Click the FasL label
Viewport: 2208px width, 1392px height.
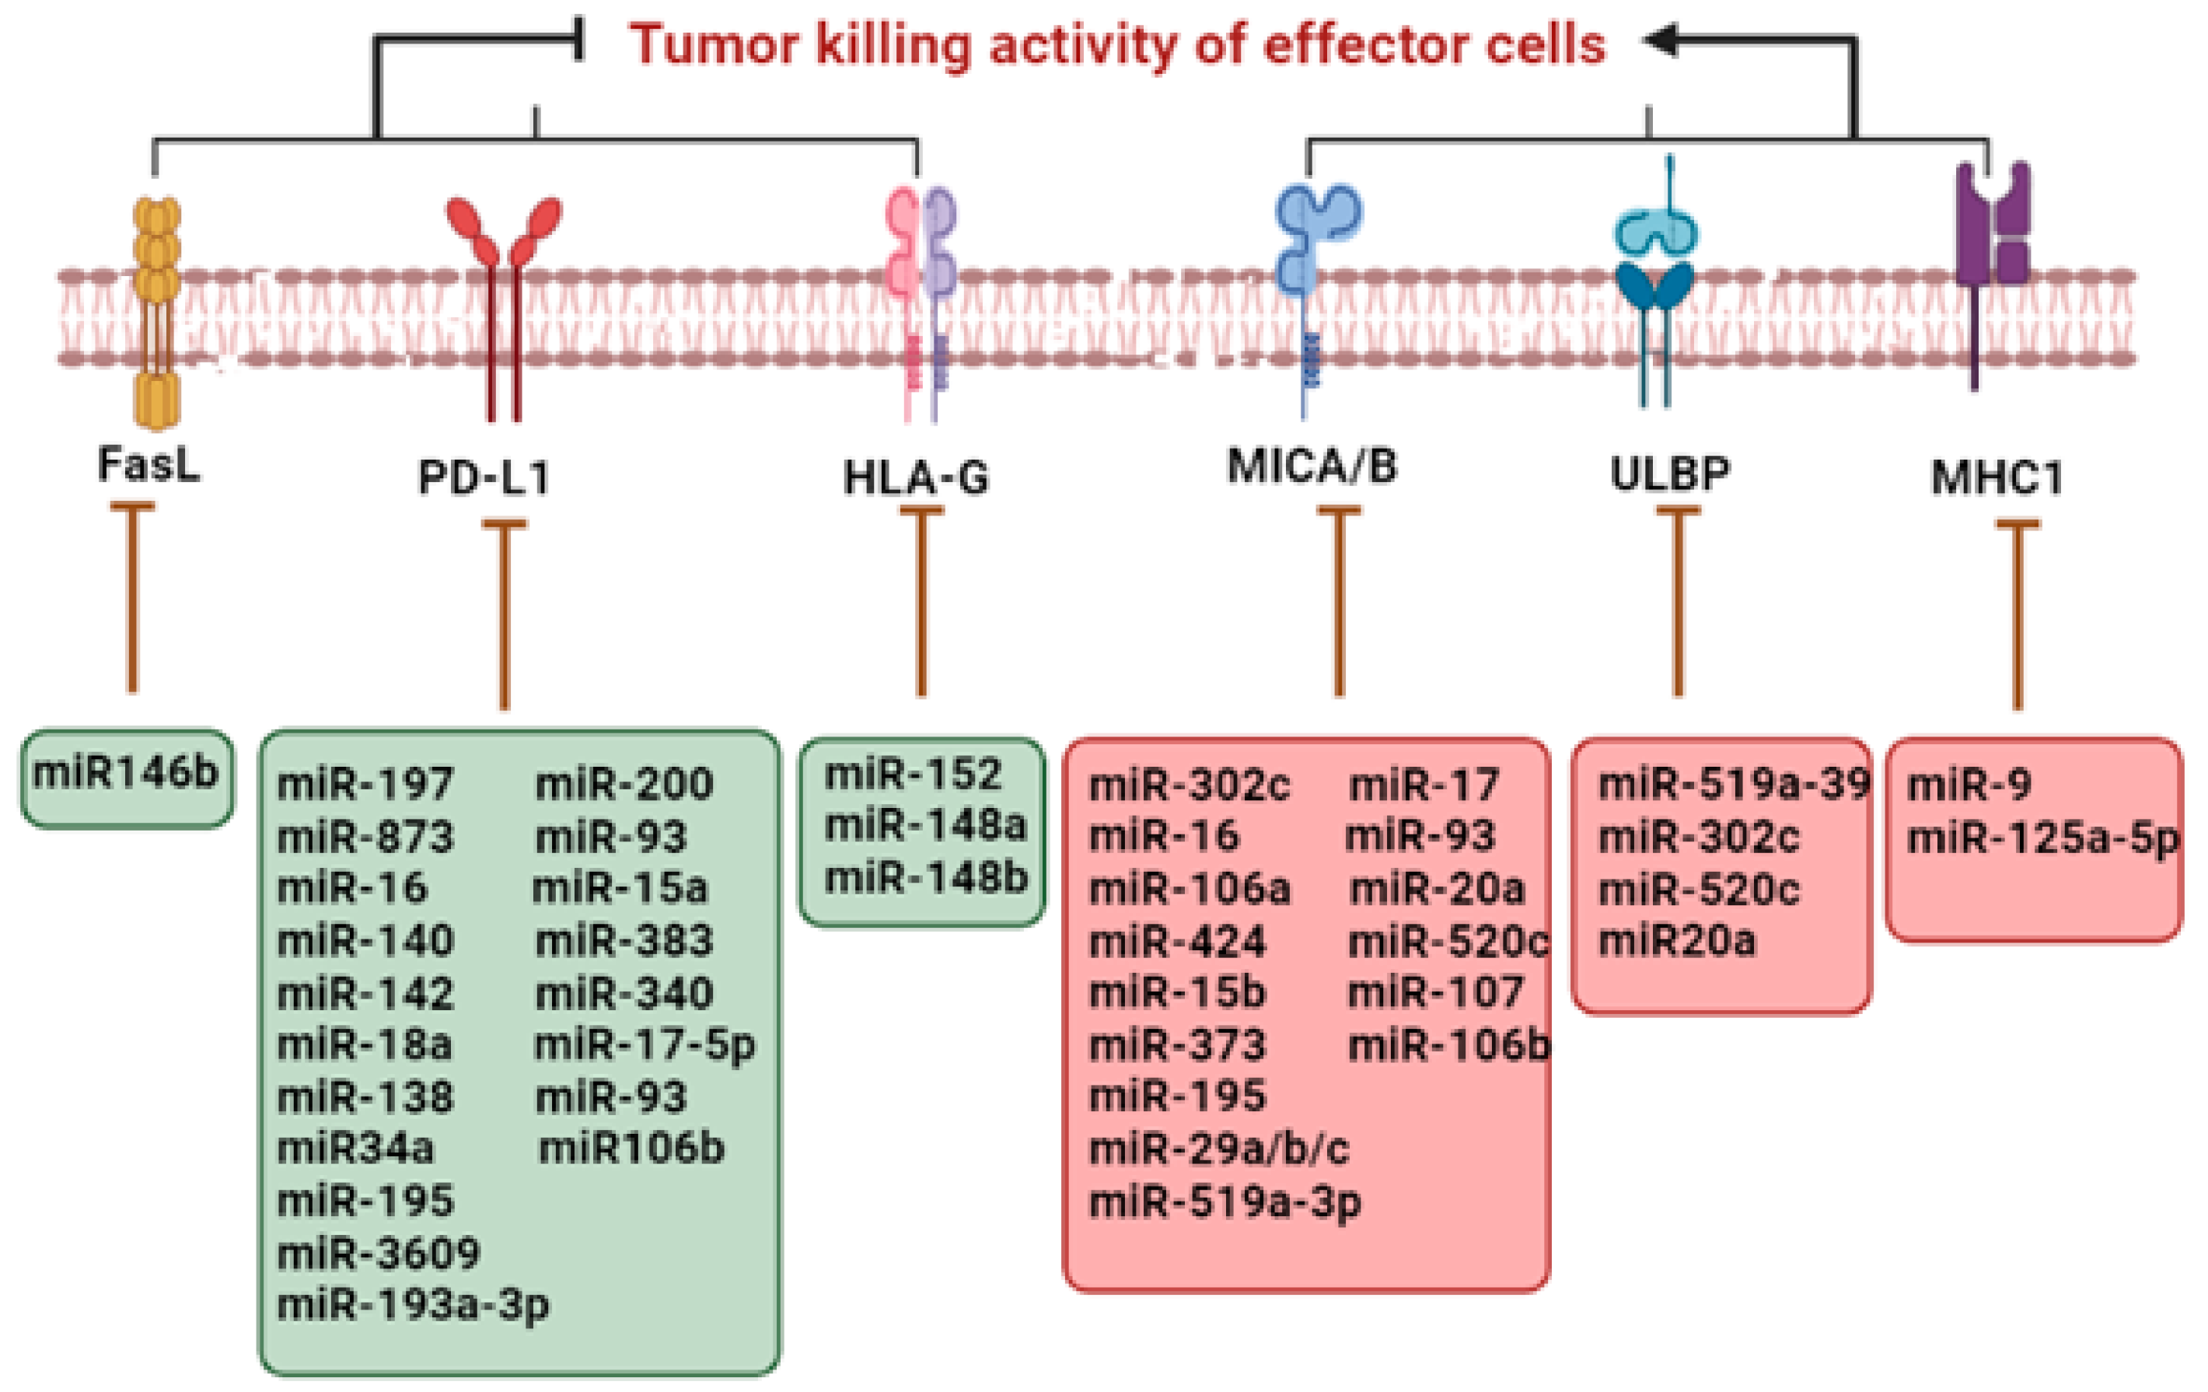tap(148, 464)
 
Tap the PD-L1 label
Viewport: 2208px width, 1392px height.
tap(484, 477)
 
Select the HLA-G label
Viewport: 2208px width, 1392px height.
tap(916, 477)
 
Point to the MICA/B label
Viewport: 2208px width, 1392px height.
tap(1312, 466)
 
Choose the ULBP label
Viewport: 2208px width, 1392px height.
tap(1670, 473)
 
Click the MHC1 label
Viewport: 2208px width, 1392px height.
tap(1997, 477)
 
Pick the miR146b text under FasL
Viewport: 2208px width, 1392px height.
tap(126, 773)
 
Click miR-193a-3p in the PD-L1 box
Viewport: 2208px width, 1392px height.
tap(413, 1305)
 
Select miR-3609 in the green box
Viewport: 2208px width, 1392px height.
tap(378, 1253)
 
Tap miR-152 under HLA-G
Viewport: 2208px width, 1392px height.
tap(913, 775)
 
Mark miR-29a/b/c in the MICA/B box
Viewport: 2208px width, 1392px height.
tap(1218, 1148)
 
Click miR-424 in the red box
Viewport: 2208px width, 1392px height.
tap(1176, 941)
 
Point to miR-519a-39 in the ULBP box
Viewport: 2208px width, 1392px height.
tap(1733, 785)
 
